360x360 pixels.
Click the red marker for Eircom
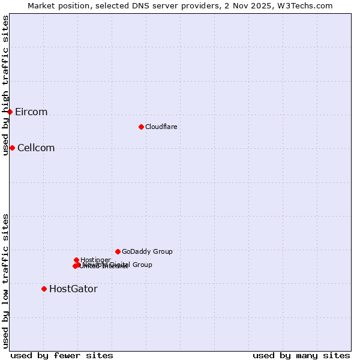[x=10, y=112]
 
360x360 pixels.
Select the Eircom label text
[x=31, y=112]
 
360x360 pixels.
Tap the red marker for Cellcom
[x=12, y=148]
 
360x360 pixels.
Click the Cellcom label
[x=36, y=148]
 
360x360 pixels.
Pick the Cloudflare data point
[x=141, y=127]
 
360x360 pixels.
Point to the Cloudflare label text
[x=161, y=127]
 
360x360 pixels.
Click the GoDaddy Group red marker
[x=118, y=251]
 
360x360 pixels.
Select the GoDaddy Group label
[x=147, y=252]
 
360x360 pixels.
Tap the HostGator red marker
[x=44, y=289]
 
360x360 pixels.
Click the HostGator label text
[x=73, y=289]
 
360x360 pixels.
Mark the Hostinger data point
[x=76, y=260]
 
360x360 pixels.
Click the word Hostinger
[x=95, y=260]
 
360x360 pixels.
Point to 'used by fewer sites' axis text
[x=62, y=355]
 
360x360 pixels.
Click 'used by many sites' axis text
[x=301, y=355]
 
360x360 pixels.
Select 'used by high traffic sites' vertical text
[x=6, y=85]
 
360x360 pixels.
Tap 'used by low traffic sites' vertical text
[x=6, y=281]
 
